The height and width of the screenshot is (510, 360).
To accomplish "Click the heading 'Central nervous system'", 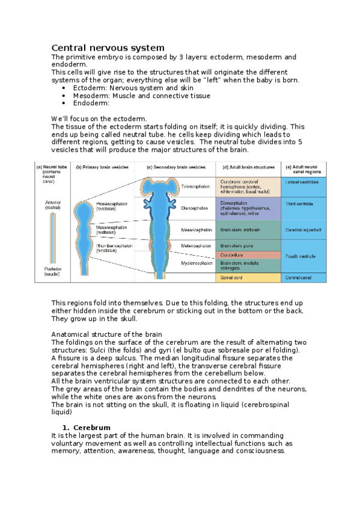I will pyautogui.click(x=108, y=48).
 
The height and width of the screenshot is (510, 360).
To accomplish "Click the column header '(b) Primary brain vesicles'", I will pyautogui.click(x=102, y=167).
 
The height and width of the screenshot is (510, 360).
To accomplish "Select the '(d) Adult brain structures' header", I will pyautogui.click(x=248, y=167).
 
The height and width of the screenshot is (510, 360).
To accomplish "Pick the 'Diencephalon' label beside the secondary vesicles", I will pyautogui.click(x=195, y=208).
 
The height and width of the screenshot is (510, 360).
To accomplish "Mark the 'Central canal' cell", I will pyautogui.click(x=298, y=278).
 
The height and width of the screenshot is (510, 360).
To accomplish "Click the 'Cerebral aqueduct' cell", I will pyautogui.click(x=303, y=230).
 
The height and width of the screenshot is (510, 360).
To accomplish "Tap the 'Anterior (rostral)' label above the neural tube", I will pyautogui.click(x=52, y=204).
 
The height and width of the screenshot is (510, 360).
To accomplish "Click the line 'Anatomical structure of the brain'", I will pyautogui.click(x=106, y=334).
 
